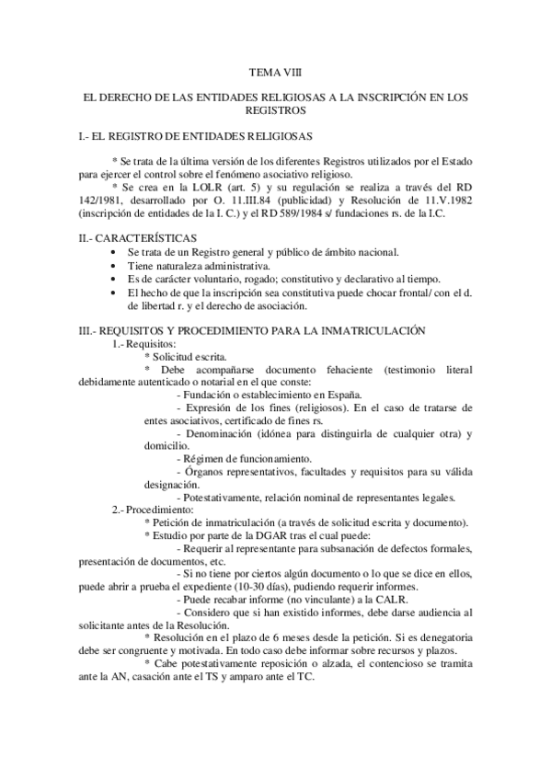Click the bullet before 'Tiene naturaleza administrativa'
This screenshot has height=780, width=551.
(112, 266)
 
